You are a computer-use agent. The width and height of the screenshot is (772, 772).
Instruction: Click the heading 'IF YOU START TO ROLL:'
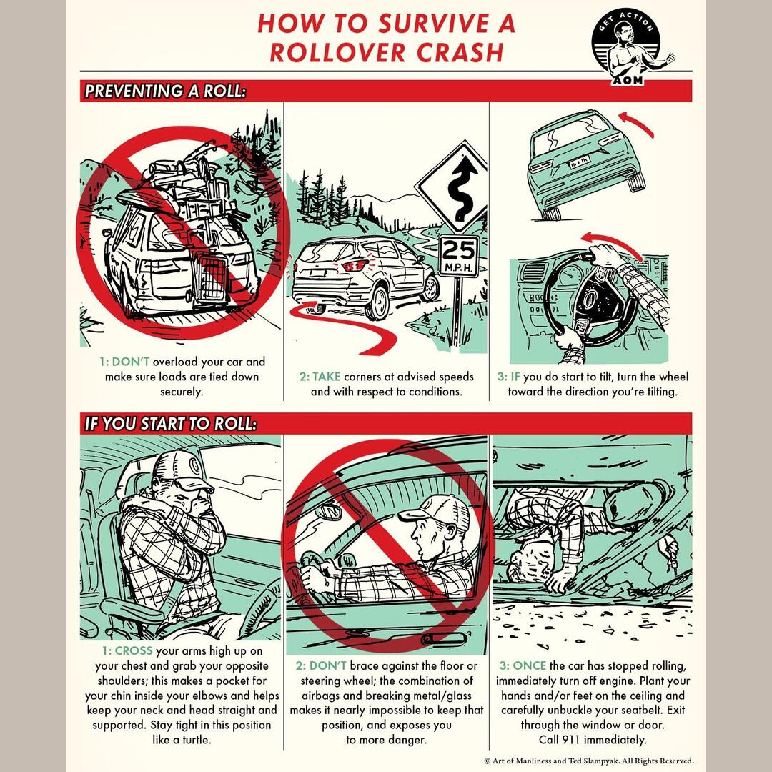(169, 423)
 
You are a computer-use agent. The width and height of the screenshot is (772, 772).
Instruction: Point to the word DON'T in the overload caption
(130, 362)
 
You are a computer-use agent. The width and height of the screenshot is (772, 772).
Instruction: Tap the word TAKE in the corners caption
(326, 377)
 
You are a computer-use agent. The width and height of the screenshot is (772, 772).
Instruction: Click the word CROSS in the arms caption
(133, 651)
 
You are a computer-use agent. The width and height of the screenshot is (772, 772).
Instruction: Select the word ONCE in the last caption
(530, 665)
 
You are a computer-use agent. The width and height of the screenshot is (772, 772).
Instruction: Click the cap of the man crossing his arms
(182, 469)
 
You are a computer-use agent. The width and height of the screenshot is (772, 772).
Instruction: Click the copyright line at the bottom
(588, 761)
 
